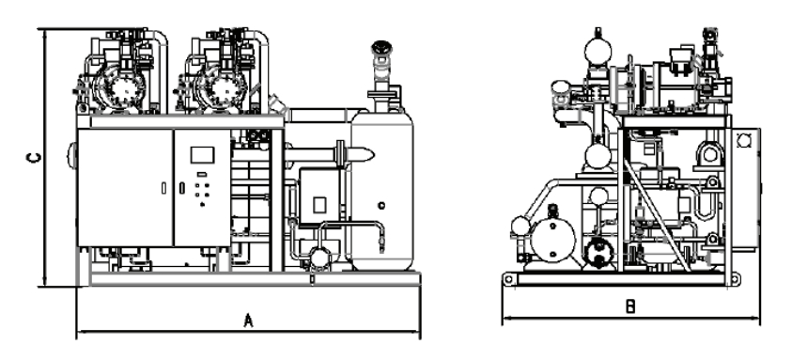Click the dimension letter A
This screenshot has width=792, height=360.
(248, 321)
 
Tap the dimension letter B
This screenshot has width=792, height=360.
(630, 306)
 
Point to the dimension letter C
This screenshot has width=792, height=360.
(34, 158)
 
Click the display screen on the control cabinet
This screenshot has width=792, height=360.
(202, 155)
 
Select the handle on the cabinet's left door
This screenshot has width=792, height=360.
(163, 188)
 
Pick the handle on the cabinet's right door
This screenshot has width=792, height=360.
(182, 188)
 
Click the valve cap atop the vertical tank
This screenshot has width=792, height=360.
(381, 48)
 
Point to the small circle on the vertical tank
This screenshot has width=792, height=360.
(381, 205)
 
